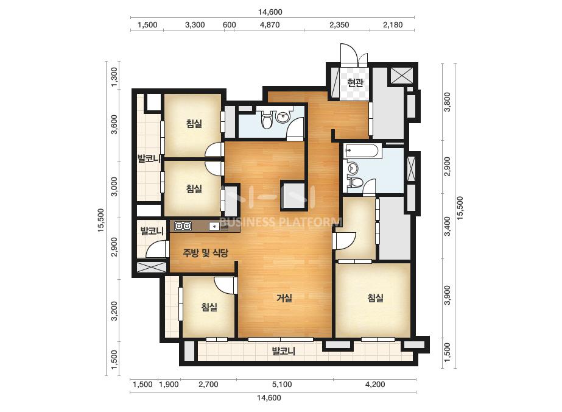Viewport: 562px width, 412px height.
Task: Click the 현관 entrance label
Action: coord(355,83)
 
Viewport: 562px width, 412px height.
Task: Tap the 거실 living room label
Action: coord(284,297)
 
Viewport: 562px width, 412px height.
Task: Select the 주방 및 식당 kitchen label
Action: coord(205,253)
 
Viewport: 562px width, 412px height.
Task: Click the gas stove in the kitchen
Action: coord(183,226)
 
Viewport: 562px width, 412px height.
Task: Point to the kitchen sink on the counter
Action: coord(214,226)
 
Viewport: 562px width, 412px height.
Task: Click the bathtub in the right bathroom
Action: coord(361,151)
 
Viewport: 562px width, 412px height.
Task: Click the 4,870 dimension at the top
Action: coord(270,25)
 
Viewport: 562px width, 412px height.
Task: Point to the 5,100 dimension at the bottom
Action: coord(282,385)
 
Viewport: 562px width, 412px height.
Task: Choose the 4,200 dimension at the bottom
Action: coord(375,385)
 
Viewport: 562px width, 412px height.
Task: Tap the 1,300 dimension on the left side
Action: coord(114,77)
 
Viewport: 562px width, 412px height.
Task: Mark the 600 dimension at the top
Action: coord(230,25)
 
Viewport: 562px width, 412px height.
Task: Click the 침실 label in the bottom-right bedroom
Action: coord(376,297)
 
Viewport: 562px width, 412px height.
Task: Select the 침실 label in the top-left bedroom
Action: coord(194,124)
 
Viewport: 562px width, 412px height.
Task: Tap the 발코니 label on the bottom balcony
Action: coord(283,350)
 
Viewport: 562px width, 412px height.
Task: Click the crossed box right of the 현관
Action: coord(401,76)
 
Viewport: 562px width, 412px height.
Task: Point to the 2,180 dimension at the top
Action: coord(393,25)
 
